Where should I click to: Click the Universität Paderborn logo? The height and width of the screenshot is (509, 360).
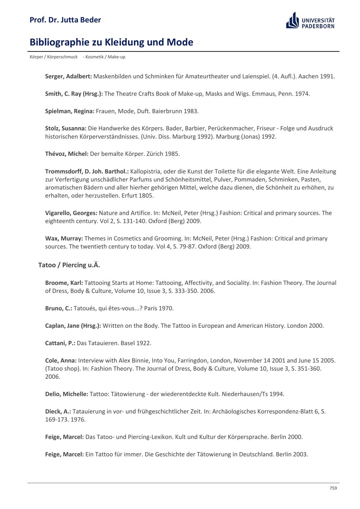point(310,21)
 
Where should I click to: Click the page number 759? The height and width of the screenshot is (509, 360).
point(333,488)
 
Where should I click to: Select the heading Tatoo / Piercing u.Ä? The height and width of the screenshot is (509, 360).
point(69,265)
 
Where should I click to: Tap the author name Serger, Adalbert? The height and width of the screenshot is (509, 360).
point(68,76)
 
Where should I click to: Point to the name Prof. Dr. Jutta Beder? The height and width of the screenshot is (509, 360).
point(65,20)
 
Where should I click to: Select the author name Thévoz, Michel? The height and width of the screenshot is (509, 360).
point(67,154)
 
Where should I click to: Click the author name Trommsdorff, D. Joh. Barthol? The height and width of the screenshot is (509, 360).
point(87,171)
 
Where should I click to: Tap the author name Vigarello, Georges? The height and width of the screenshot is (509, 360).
point(71,213)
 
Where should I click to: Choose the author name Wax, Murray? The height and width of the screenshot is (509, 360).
point(64,238)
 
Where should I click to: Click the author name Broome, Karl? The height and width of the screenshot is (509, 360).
point(64,283)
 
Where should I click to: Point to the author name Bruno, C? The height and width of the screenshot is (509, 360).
point(59,308)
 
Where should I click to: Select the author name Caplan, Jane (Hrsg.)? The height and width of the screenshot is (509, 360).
point(73,326)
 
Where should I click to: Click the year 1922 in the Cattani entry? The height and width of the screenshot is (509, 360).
point(144,343)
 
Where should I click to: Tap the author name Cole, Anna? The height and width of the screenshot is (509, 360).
point(61,360)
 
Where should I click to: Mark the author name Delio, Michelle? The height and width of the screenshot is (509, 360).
point(67,394)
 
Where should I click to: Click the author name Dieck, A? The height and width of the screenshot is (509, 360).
point(58,412)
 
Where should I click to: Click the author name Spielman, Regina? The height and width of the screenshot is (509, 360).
point(69,111)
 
